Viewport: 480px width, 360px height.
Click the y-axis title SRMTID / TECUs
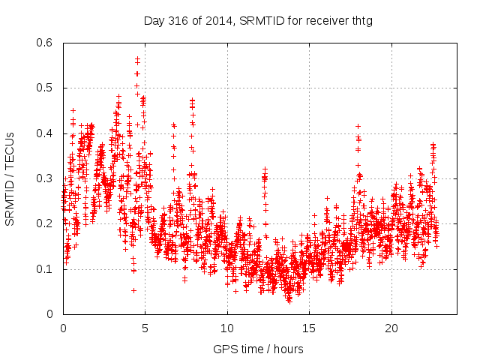(10, 178)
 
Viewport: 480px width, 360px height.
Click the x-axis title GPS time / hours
(258, 349)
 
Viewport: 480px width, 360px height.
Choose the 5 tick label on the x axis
(145, 328)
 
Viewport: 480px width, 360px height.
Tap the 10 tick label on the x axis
(227, 328)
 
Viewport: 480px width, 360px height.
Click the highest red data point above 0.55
(137, 59)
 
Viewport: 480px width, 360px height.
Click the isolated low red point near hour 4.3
(133, 290)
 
